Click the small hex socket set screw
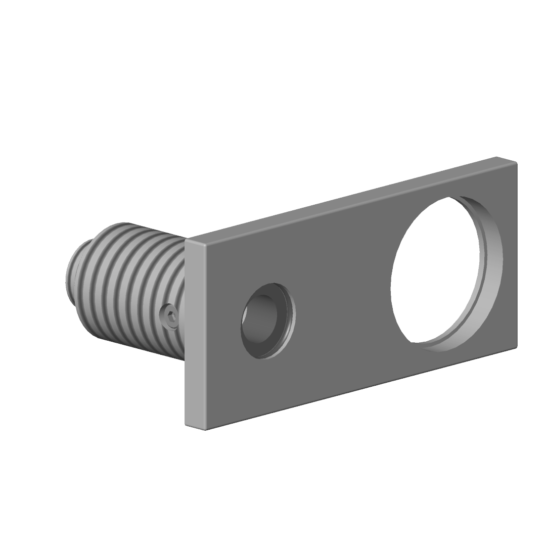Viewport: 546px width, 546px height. point(170,317)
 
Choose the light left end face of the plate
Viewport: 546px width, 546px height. point(195,334)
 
